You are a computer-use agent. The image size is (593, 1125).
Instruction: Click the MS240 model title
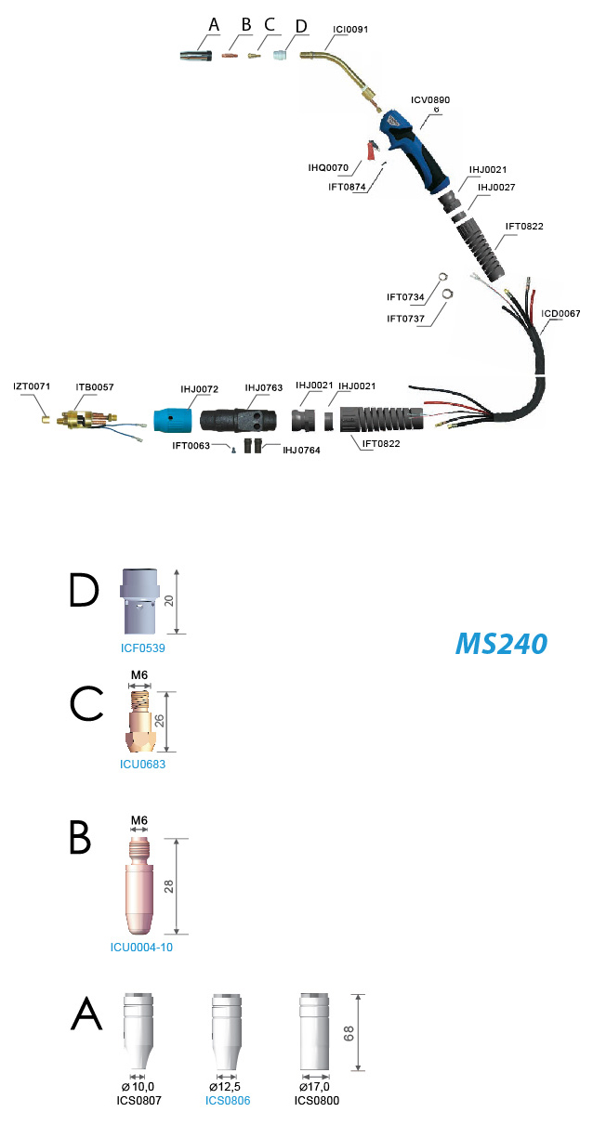coord(501,644)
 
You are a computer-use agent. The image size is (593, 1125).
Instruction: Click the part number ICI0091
coord(350,30)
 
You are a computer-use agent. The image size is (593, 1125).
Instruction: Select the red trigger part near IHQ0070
coord(371,150)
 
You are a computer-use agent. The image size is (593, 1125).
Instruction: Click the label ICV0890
coord(430,100)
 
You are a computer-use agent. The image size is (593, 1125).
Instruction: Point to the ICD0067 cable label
coord(560,313)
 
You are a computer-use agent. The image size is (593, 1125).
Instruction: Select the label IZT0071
coord(32,386)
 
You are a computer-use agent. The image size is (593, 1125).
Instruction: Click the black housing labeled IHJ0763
coord(238,420)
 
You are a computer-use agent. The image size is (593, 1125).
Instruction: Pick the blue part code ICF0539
coord(143,648)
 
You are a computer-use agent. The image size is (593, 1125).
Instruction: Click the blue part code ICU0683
coord(142,764)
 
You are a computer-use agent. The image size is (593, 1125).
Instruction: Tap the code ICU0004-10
coord(141,948)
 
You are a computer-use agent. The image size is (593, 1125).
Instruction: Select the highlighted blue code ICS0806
coord(228,1101)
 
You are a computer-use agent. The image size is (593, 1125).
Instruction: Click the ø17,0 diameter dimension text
coord(314,1086)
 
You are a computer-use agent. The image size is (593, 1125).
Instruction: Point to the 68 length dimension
coord(349,1033)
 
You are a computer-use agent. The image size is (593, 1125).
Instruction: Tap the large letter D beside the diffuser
coord(84,590)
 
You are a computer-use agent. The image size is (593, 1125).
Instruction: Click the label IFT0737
coord(405,319)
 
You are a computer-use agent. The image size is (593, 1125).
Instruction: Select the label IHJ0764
coord(301,450)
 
